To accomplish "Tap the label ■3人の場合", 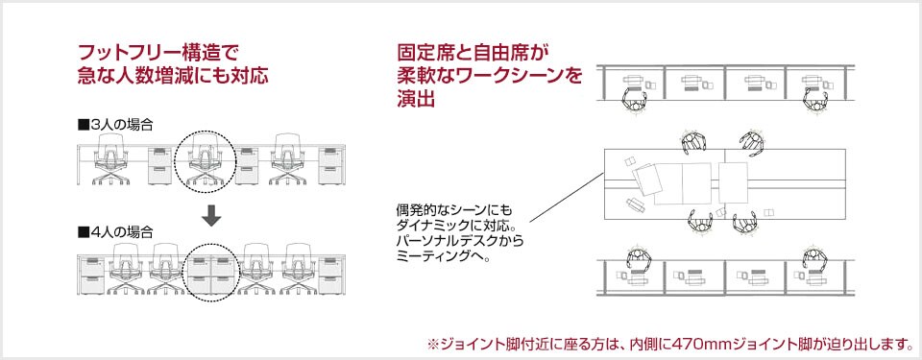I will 116,126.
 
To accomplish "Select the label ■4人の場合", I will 116,231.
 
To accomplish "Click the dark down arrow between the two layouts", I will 212,217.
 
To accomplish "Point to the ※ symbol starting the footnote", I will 432,343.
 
